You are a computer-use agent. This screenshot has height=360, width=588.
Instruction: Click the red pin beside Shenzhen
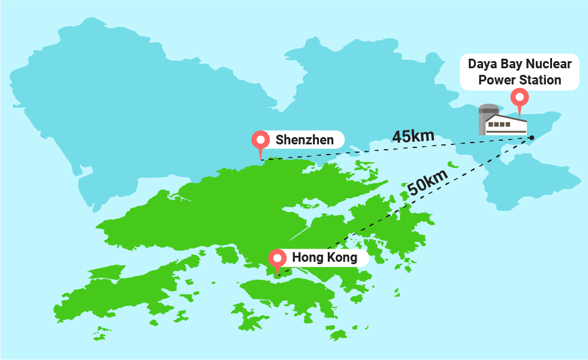click(x=261, y=140)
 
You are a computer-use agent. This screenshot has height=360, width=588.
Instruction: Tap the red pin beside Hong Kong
click(x=277, y=258)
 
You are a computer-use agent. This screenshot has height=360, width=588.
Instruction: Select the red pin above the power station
click(x=518, y=97)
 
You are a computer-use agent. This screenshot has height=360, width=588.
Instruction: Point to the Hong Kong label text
click(x=324, y=258)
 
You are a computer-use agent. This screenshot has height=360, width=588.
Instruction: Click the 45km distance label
click(x=413, y=136)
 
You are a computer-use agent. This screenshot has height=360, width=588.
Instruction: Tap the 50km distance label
click(x=427, y=181)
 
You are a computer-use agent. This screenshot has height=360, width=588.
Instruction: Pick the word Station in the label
click(x=540, y=80)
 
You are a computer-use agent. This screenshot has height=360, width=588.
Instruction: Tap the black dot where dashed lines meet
click(x=532, y=138)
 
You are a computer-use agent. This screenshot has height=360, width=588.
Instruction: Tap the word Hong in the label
click(x=307, y=258)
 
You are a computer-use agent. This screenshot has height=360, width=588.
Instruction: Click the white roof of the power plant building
click(x=506, y=118)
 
